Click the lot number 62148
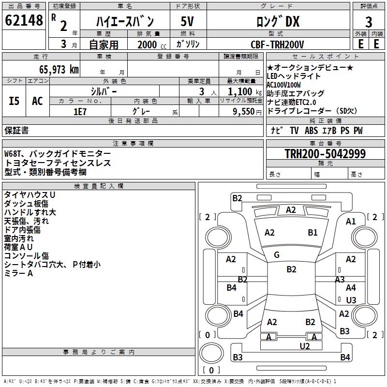pos(24,21)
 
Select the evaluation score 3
pos(369,22)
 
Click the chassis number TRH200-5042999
pos(325,154)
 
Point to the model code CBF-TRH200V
pos(277,45)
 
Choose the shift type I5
pos(14,101)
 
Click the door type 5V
pos(188,22)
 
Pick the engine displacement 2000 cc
pos(147,45)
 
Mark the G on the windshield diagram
pos(277,255)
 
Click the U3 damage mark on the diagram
pos(351,300)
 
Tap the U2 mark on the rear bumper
pos(305,345)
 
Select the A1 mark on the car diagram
pos(351,222)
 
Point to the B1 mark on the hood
pos(313,233)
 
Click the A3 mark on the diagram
pos(340,279)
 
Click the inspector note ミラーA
pos(18,273)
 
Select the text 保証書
pos(16,131)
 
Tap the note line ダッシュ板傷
pos(26,204)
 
